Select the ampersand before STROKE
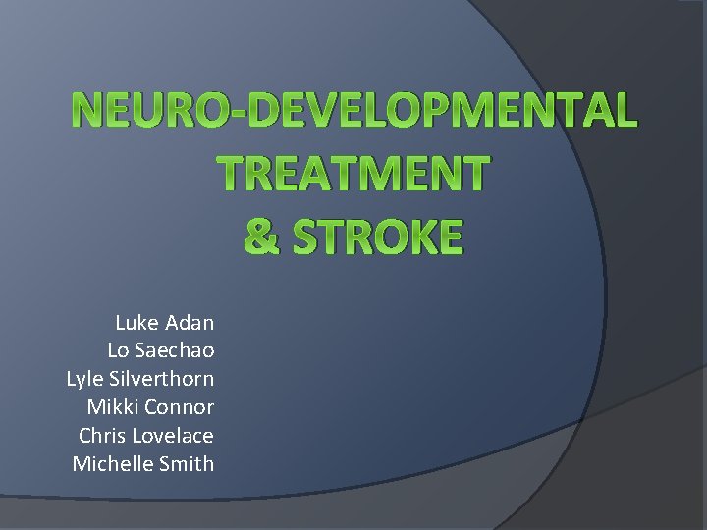259,237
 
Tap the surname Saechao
175,350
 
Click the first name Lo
118,350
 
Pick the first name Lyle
83,379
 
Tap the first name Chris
101,436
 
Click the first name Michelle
111,464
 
